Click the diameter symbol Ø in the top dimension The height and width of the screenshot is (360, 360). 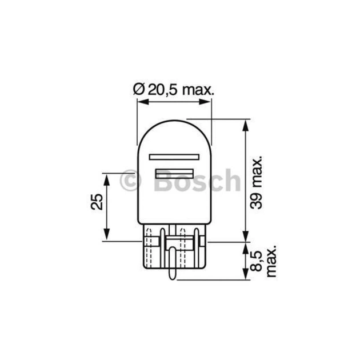(138, 90)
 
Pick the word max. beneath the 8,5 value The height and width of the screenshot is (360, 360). (270, 262)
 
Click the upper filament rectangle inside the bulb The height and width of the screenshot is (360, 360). (174, 156)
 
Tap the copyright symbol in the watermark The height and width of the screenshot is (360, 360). (130, 181)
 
